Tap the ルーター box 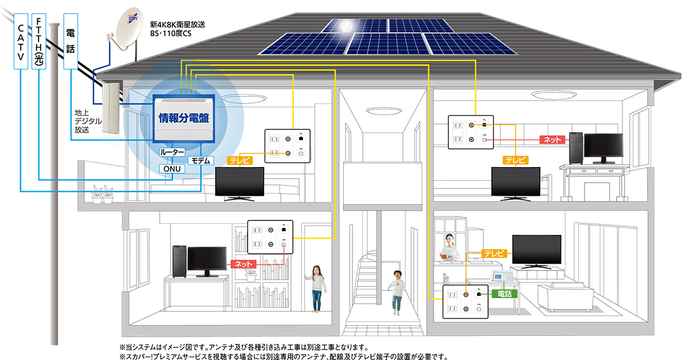[172, 153]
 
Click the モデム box [201, 160]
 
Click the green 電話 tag [505, 293]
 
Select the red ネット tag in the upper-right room [553, 139]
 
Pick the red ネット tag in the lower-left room [243, 264]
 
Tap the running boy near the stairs [396, 292]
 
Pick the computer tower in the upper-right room [575, 148]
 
